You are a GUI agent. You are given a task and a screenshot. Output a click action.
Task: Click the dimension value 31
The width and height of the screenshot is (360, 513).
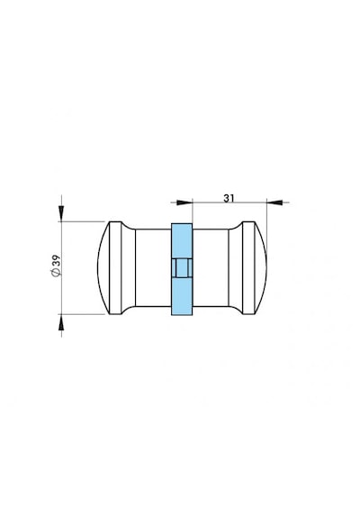(229, 198)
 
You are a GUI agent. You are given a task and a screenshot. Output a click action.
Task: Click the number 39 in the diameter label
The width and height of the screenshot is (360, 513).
(56, 261)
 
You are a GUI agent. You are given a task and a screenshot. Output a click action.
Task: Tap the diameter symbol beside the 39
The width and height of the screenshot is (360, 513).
(56, 272)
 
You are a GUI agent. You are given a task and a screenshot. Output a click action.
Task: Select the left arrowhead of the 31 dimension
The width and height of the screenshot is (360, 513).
(184, 202)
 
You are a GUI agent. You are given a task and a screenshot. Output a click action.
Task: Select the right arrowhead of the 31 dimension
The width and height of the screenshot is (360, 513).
(274, 202)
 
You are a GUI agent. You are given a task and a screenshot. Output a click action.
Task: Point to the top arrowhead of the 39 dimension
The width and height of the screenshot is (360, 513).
(61, 213)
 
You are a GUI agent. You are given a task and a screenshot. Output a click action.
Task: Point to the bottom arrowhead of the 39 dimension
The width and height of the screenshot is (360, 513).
(61, 322)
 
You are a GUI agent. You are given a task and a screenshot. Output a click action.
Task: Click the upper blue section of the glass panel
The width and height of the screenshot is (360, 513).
(182, 240)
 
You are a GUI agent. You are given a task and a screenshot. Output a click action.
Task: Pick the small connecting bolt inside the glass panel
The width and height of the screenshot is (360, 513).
(182, 268)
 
